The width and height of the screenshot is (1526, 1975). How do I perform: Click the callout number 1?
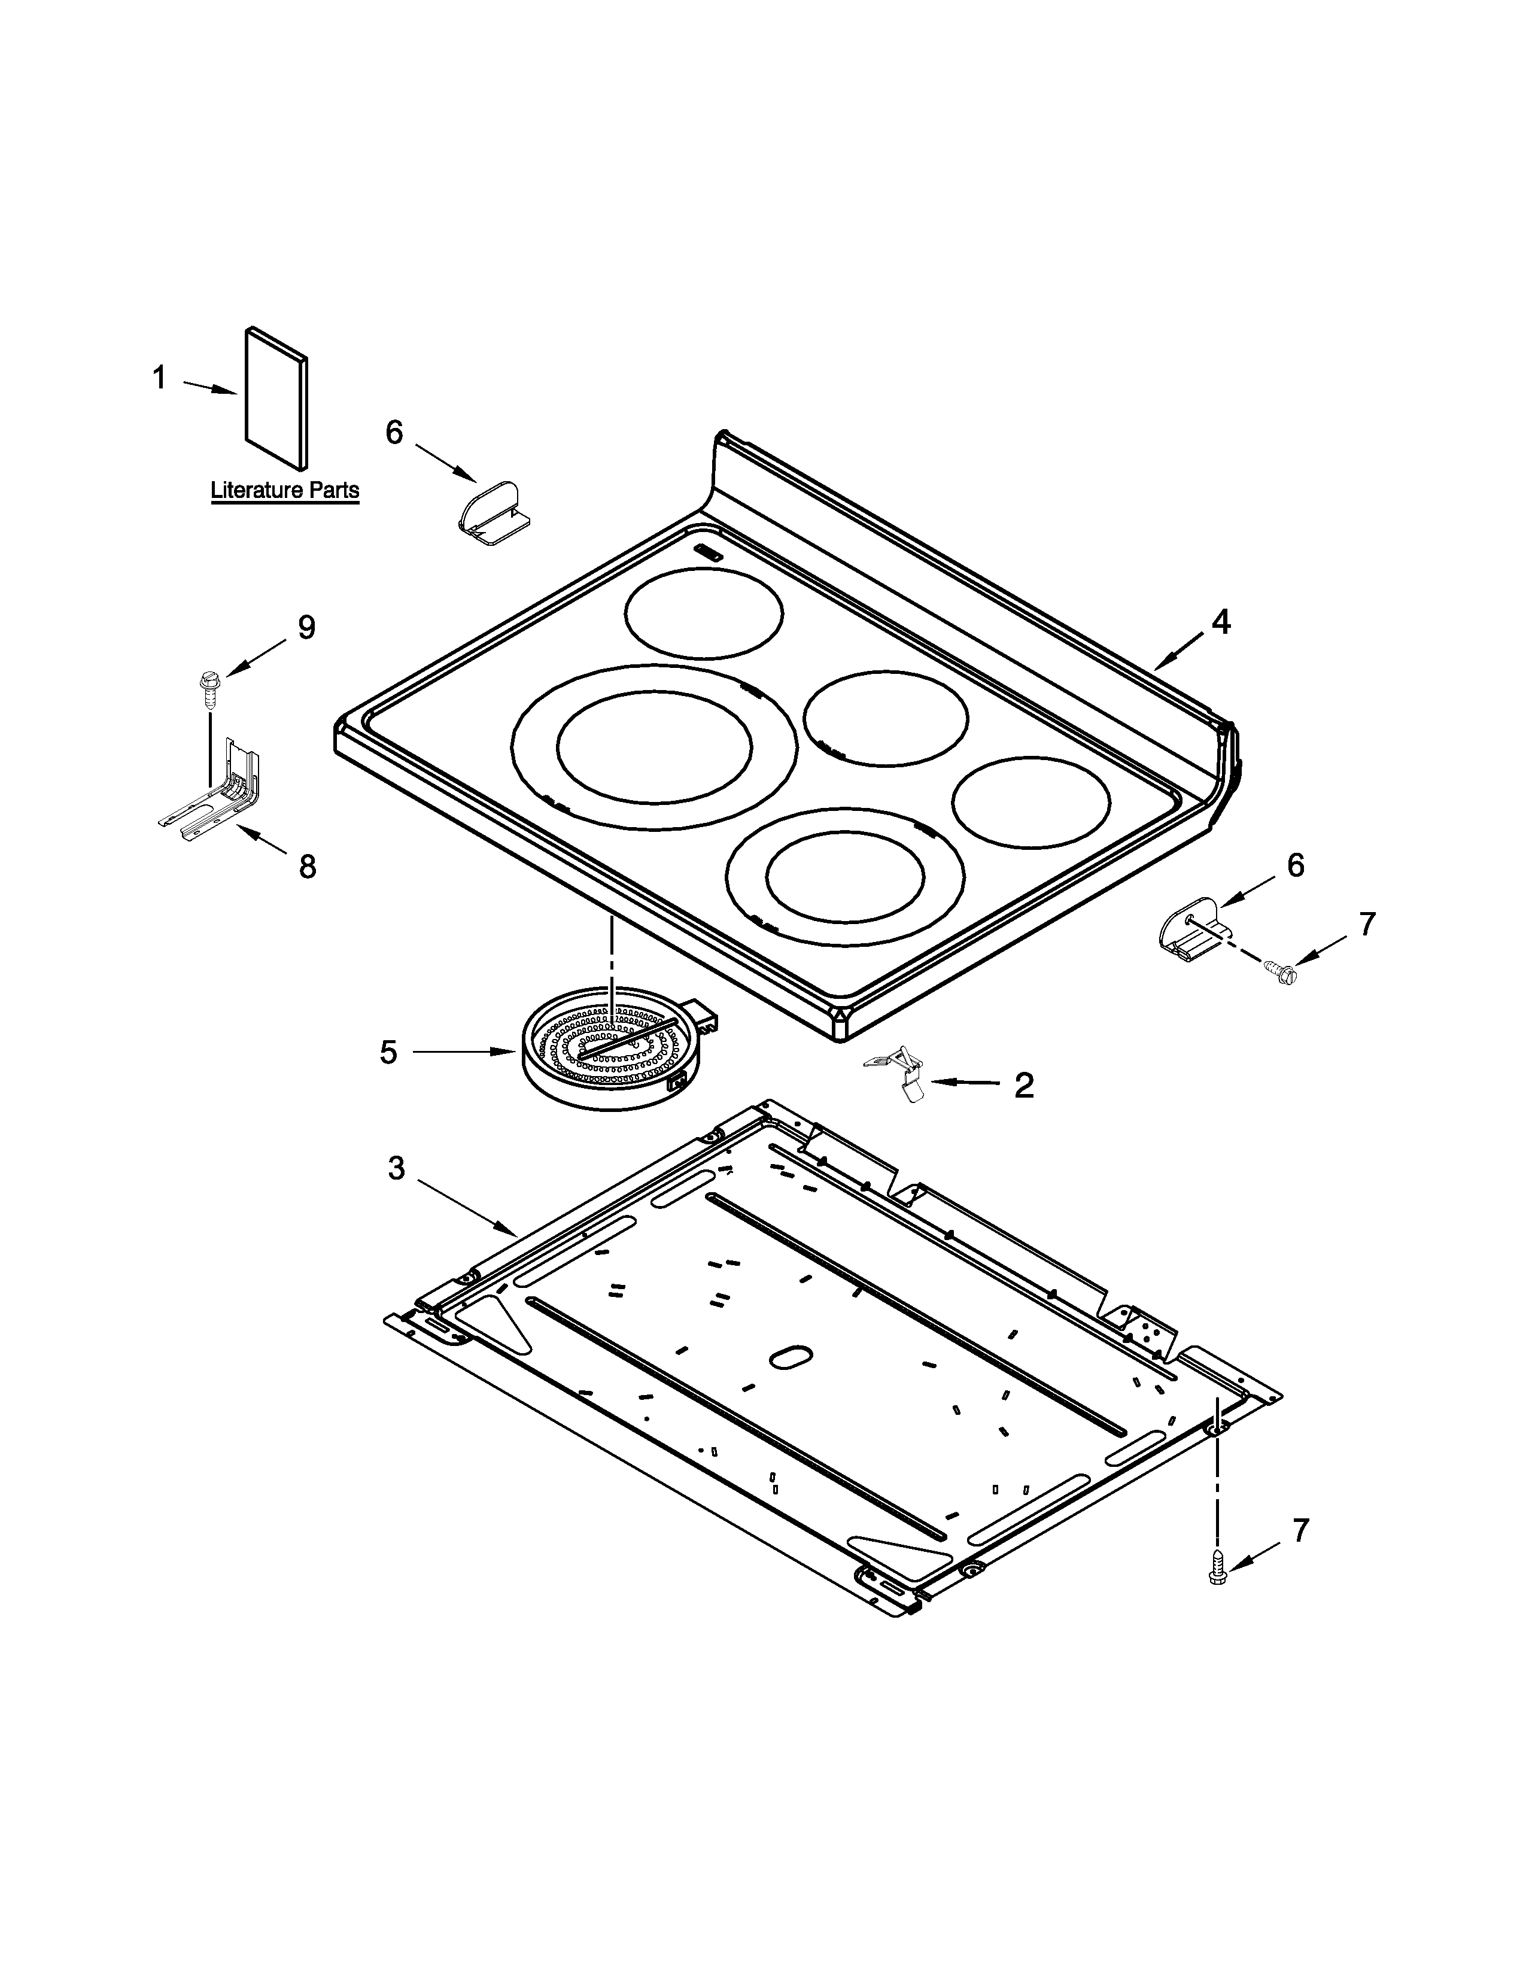159,378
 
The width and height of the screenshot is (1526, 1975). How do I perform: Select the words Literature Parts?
285,491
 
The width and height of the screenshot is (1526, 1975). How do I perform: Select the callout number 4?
1220,622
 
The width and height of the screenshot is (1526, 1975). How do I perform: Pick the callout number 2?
1023,1085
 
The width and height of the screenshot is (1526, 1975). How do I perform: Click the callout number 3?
396,1168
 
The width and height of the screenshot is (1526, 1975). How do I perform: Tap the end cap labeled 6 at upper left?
493,513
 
